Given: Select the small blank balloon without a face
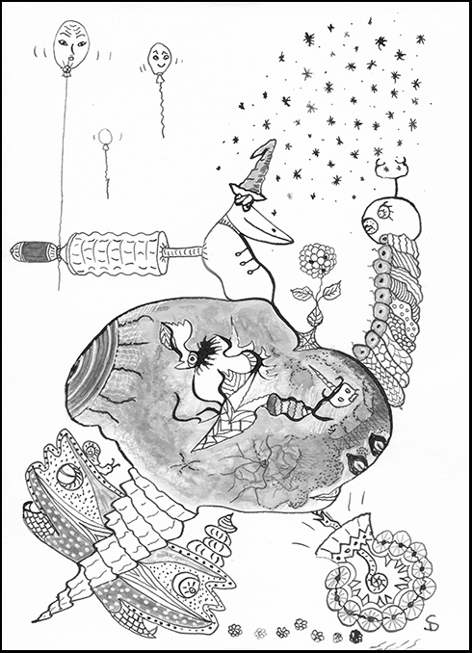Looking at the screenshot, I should click(x=103, y=140).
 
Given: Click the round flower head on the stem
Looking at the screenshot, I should click(x=313, y=260).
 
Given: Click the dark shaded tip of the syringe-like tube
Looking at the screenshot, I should click(x=32, y=253).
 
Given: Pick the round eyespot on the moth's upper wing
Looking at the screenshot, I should click(x=66, y=476).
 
